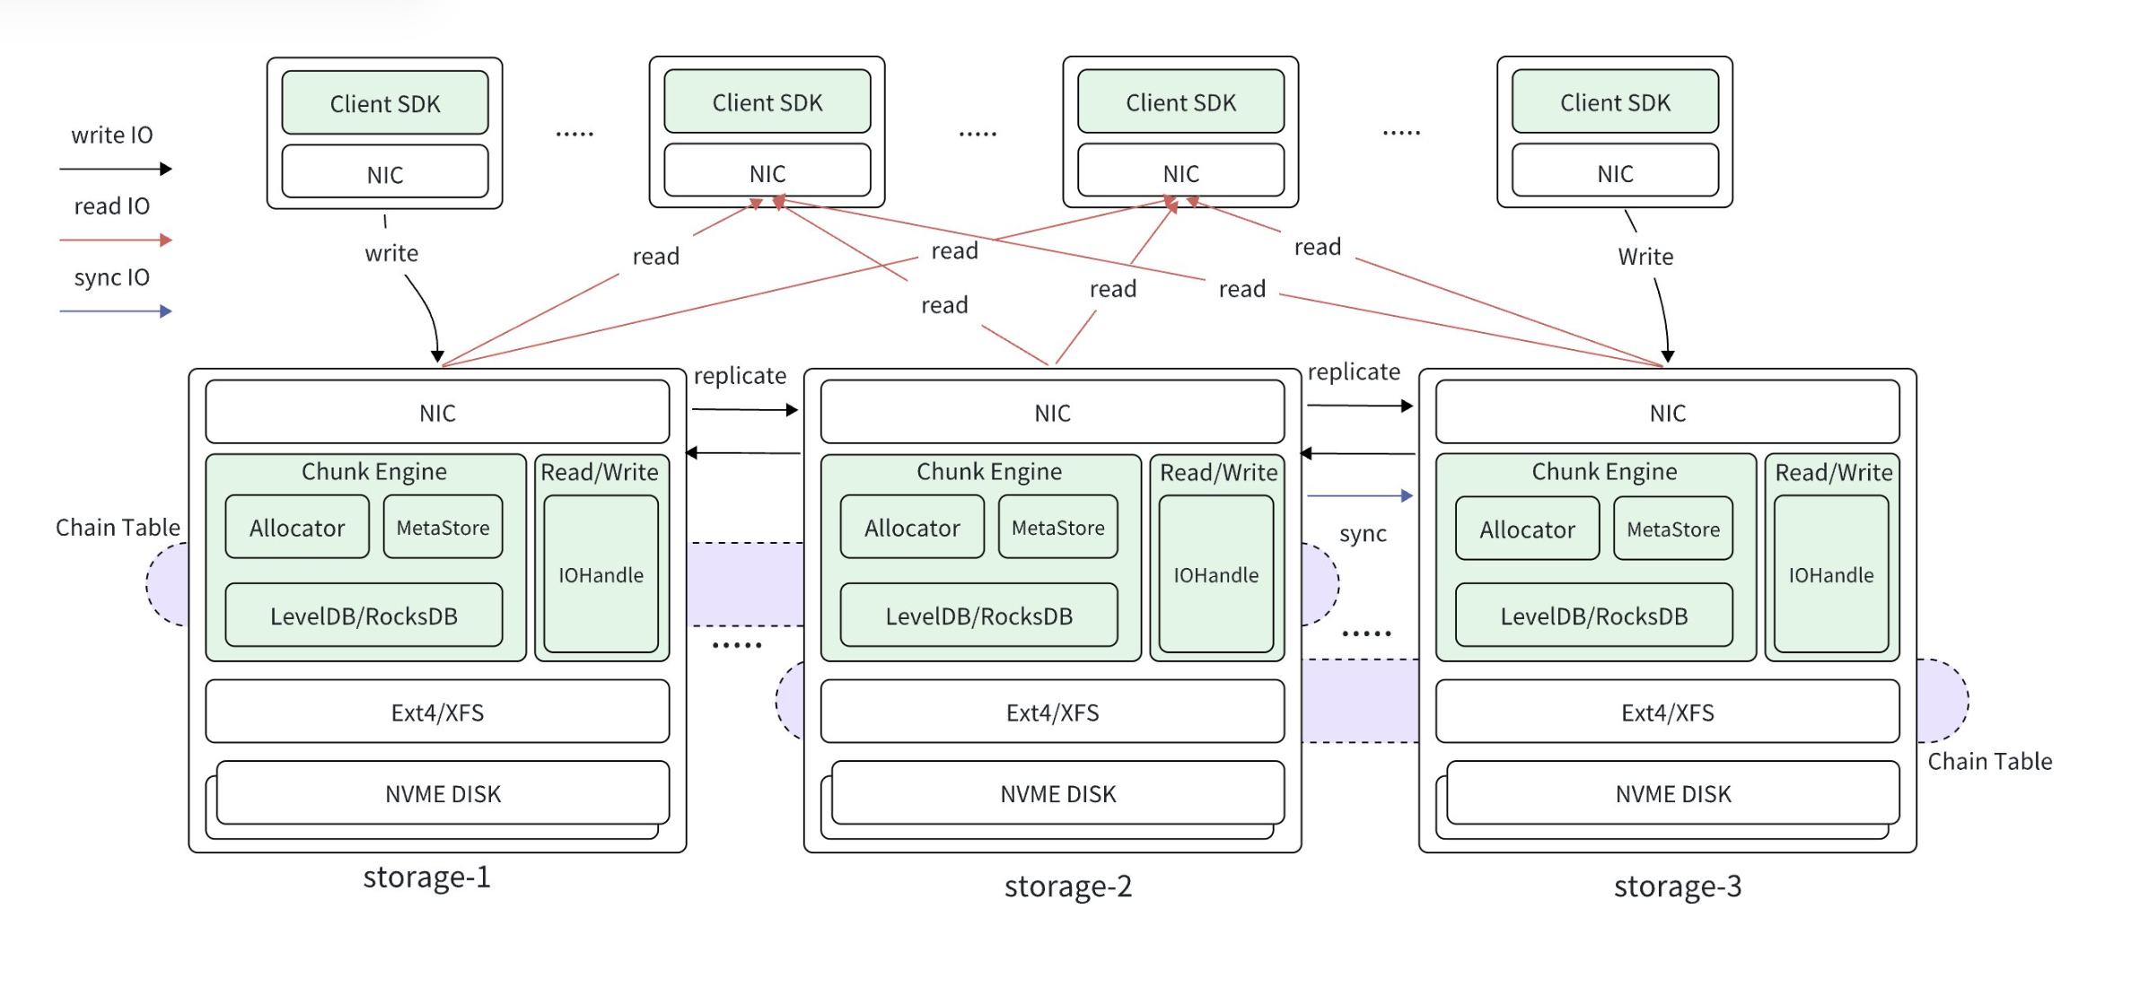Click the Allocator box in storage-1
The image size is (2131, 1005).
pos(297,528)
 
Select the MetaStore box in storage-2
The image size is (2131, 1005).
pos(1057,528)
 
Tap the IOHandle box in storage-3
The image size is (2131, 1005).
pos(1831,574)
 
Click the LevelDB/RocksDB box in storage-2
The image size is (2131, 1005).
pos(978,616)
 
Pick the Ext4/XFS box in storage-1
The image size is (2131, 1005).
pos(437,712)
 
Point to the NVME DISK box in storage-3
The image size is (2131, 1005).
pos(1672,793)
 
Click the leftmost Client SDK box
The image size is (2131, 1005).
pos(385,103)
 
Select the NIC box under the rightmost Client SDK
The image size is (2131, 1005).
pos(1615,172)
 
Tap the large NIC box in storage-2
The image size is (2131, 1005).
pos(1052,413)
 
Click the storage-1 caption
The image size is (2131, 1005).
pos(426,877)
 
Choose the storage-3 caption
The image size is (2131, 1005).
pos(1677,886)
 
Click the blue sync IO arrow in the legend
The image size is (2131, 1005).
pos(115,311)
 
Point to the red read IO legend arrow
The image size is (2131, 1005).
pos(115,240)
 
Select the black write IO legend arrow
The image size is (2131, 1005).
pos(115,169)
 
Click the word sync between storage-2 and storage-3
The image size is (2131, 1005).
pos(1363,534)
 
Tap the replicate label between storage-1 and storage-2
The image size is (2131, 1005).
pos(740,375)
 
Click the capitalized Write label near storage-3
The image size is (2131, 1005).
pos(1645,257)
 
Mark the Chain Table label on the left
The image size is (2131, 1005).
pos(118,527)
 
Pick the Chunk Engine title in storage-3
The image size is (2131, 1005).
pos(1604,471)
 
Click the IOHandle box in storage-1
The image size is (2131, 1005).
pos(601,574)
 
